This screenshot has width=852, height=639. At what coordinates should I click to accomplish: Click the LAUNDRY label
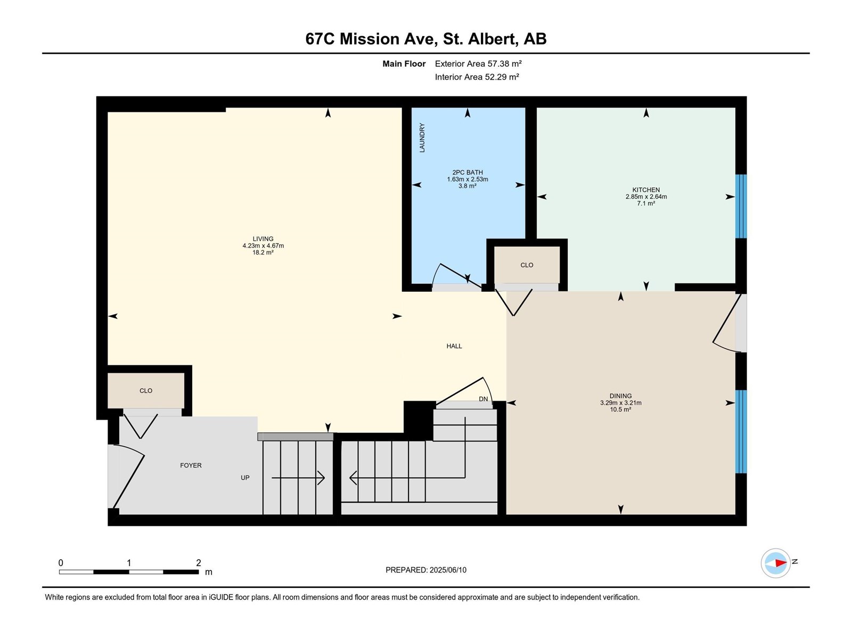[x=422, y=138]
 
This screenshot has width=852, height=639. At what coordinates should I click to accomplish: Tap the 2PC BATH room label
[x=468, y=172]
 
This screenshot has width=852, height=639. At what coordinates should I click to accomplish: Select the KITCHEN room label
[x=646, y=190]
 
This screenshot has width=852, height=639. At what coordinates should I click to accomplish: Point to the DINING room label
[x=620, y=396]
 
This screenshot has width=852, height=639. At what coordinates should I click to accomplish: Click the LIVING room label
[x=263, y=239]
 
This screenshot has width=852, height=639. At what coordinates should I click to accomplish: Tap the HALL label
[x=454, y=346]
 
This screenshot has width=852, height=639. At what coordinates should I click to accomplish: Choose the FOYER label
[x=191, y=465]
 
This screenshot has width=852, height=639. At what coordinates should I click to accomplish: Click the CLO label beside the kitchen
[x=527, y=265]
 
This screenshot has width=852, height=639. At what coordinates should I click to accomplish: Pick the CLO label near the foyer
[x=146, y=391]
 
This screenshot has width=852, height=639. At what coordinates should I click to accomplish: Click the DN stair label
[x=484, y=399]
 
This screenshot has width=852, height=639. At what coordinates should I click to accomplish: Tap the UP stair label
[x=245, y=478]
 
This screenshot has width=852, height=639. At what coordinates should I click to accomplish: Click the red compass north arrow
[x=781, y=563]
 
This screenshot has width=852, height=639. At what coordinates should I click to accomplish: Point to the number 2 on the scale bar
[x=198, y=562]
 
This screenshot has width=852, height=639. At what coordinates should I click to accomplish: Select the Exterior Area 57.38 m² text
[x=478, y=63]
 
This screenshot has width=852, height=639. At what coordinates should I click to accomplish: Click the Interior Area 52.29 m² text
[x=477, y=77]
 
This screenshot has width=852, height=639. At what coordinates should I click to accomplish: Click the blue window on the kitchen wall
[x=741, y=206]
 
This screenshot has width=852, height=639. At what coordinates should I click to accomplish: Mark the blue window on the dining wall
[x=741, y=431]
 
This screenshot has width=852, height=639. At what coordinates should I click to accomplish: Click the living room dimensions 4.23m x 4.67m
[x=263, y=245]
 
